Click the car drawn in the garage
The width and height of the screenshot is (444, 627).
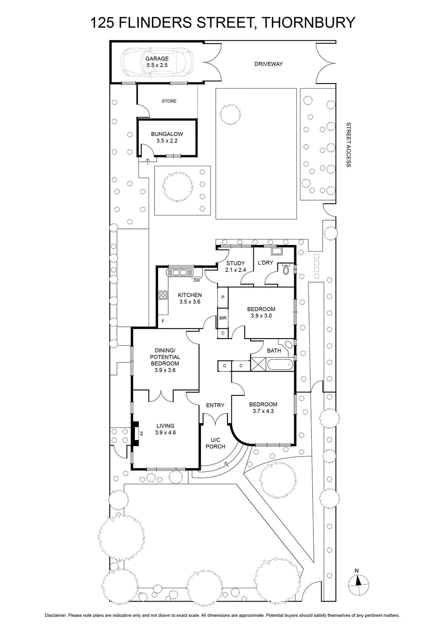157,62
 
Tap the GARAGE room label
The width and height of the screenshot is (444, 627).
157,58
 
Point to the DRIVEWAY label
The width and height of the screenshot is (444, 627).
268,64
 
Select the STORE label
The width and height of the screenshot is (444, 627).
169,101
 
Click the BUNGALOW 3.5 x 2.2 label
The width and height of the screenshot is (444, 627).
167,138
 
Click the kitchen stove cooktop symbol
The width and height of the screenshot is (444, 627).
163,295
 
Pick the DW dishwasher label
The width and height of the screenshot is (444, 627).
197,281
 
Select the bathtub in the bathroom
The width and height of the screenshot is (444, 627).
280,365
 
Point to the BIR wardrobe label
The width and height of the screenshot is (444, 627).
223,318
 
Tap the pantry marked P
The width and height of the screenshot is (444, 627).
223,297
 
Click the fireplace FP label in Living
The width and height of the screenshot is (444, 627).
141,434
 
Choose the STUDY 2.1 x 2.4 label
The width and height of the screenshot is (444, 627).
235,266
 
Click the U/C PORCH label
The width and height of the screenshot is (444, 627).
215,443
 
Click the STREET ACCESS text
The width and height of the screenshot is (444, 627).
348,145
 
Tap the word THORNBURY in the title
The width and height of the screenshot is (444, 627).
309,23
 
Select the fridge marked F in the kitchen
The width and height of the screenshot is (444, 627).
163,321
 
